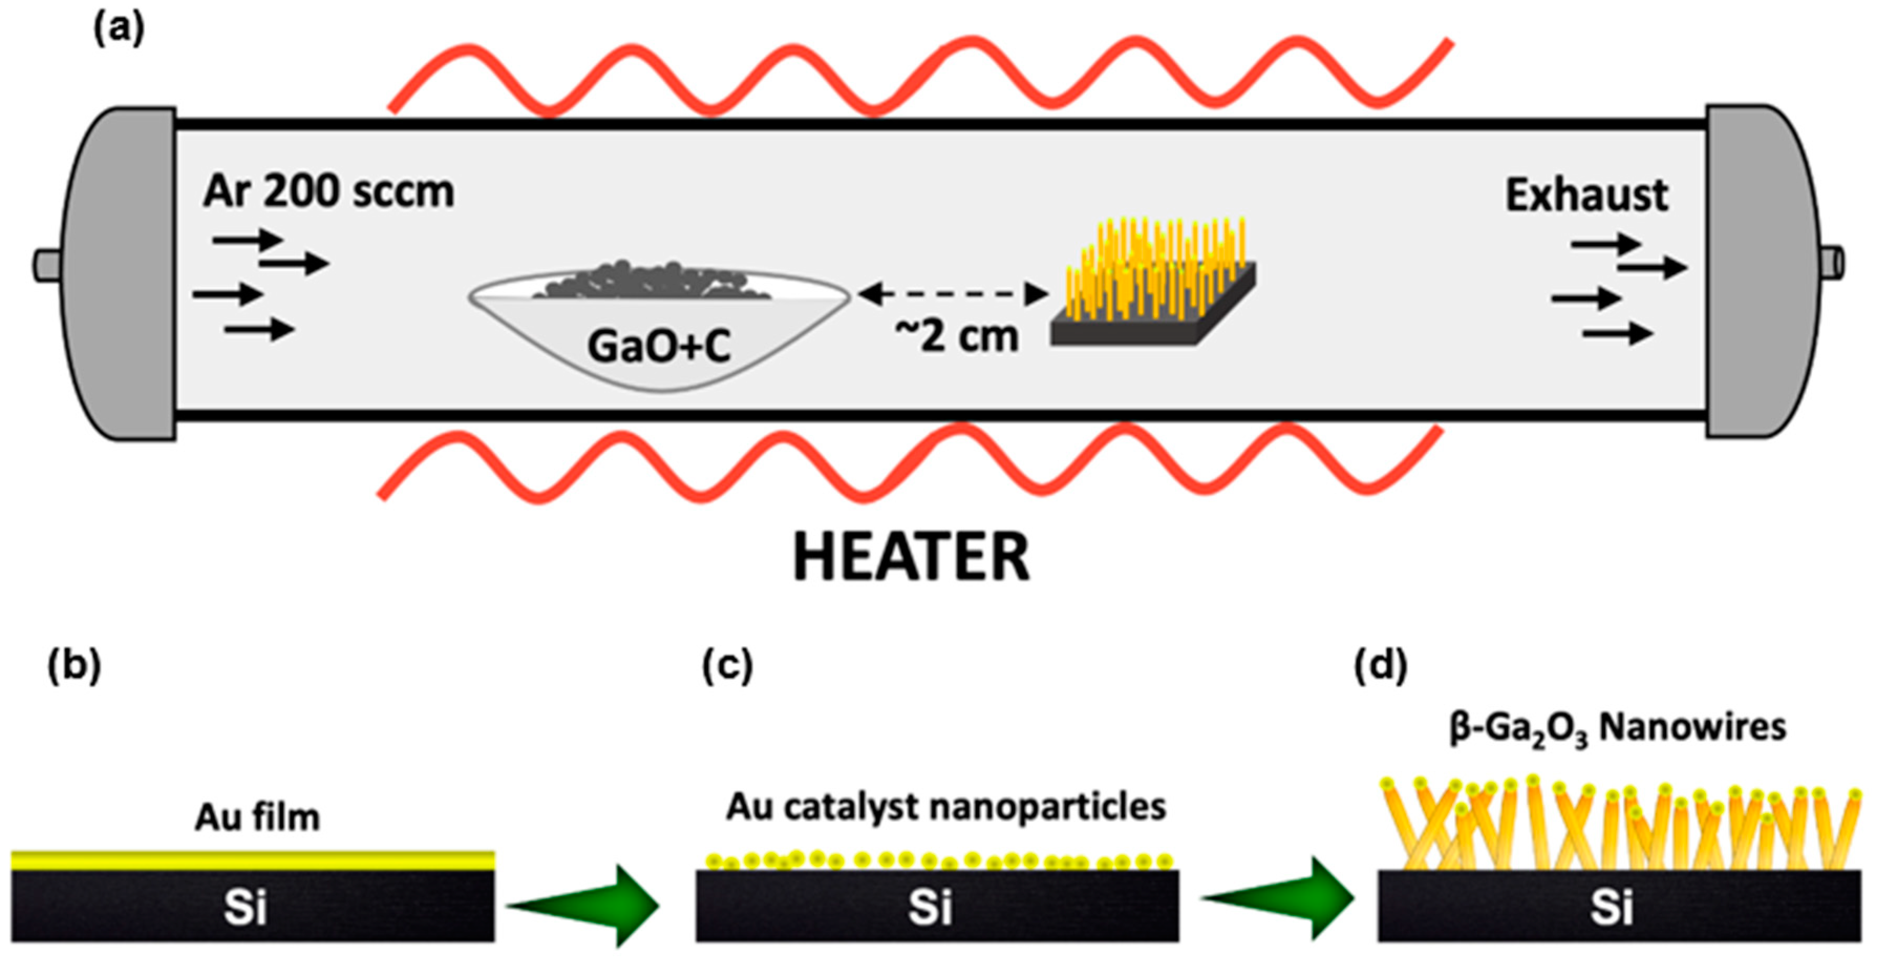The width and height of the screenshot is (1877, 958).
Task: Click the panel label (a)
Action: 119,29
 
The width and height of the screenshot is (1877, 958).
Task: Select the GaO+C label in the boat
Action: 658,346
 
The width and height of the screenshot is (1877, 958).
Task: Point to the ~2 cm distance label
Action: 956,336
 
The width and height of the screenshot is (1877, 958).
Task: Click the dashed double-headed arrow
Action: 953,294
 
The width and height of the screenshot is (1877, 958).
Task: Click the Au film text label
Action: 256,817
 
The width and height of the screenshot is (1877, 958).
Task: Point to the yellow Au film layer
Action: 252,861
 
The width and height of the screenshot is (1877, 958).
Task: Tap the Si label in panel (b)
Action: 245,908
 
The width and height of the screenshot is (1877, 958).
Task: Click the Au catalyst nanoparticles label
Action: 945,806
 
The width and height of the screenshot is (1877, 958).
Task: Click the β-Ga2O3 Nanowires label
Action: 1617,728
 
